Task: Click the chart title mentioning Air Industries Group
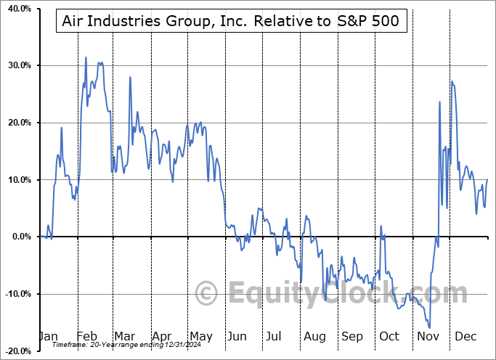tap(231, 21)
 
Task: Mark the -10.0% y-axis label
tap(17, 294)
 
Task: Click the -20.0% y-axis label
tap(17, 351)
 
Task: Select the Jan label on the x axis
tap(47, 336)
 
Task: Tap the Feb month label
tap(86, 336)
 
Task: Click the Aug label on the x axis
tap(314, 336)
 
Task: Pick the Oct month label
tap(390, 336)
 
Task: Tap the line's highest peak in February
tap(86, 57)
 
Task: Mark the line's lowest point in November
tap(429, 328)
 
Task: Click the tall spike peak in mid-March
tap(130, 77)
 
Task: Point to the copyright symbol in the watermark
tap(208, 294)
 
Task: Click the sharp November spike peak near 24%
tap(440, 102)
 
